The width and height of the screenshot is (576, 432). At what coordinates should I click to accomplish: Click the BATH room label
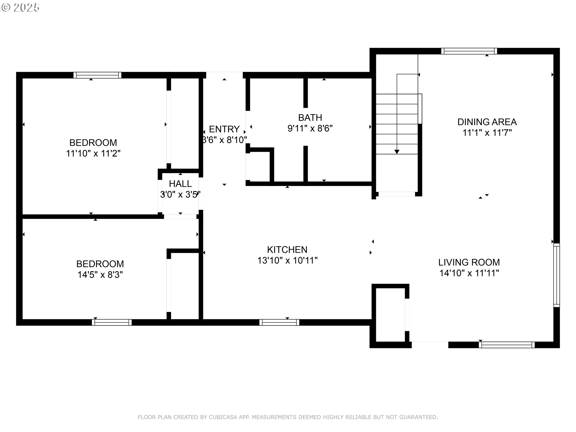point(310,117)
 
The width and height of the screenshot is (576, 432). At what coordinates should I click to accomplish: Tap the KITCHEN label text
point(287,250)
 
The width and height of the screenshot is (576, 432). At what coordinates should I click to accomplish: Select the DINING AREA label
point(487,122)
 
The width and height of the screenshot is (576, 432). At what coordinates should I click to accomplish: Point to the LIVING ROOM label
point(469,262)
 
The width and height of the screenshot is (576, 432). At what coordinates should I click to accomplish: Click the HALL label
point(180,184)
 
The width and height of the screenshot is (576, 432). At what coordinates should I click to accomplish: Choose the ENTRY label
point(224,129)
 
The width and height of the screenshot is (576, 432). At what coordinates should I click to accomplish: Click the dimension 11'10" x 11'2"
point(93,153)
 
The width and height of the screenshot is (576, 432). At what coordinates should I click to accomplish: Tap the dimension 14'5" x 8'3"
point(100,274)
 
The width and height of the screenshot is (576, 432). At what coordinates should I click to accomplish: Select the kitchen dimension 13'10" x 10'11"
point(287,260)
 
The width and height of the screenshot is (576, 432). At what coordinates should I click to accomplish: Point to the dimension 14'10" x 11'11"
point(469,273)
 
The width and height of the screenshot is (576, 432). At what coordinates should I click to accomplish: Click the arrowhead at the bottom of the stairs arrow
point(397,152)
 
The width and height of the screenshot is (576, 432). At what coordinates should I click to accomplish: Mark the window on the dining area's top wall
point(469,51)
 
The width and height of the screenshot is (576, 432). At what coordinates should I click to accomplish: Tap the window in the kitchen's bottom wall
point(279,322)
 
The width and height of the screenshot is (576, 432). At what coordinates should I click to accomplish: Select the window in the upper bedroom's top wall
point(97,75)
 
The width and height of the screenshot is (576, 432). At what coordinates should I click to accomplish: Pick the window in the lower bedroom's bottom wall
point(112,322)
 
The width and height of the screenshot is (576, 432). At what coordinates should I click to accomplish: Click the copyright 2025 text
point(20,7)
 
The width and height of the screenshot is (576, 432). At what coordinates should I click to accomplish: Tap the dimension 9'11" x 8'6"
point(310,128)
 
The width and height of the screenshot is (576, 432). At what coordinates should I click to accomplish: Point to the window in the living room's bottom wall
point(507,345)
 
